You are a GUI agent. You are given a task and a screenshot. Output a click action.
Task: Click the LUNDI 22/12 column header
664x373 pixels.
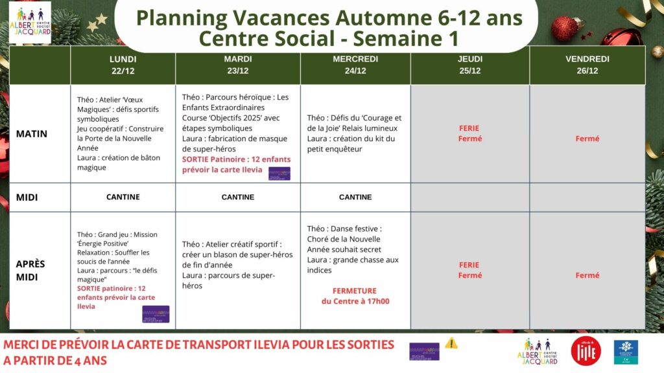[x=123, y=65]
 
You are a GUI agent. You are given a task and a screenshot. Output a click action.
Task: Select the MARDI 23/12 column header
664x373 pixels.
[x=238, y=65]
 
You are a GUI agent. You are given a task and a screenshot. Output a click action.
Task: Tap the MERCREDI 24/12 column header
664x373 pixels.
[x=355, y=65]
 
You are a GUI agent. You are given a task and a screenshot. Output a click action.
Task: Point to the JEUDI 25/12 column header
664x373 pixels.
[x=470, y=65]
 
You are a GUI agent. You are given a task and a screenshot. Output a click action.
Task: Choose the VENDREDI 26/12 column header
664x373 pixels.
[x=587, y=65]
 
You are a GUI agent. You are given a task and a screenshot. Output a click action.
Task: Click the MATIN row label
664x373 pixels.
[x=32, y=134]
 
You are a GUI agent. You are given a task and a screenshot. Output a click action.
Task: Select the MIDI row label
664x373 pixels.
[x=27, y=197]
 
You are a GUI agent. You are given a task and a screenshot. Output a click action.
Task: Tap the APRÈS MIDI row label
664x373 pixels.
[x=30, y=269]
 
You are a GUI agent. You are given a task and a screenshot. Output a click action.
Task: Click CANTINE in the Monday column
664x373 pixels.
[x=123, y=197]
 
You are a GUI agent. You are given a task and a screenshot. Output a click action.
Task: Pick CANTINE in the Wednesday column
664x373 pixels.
[x=355, y=197]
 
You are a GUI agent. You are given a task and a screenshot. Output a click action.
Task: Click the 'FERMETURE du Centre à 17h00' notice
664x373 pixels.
[x=355, y=296]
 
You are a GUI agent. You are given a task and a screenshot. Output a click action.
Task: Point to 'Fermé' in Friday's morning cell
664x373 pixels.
[x=587, y=139]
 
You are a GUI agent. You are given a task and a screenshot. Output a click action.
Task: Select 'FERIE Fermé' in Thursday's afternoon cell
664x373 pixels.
[x=469, y=270]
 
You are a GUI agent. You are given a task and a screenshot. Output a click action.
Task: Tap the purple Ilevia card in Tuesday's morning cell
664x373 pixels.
[x=279, y=173]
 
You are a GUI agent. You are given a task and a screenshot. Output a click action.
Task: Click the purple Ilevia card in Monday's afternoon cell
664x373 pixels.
[x=156, y=313]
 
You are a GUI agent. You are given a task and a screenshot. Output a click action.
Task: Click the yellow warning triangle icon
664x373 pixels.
[x=451, y=343]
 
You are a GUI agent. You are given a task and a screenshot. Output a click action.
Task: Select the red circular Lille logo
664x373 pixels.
[x=586, y=350]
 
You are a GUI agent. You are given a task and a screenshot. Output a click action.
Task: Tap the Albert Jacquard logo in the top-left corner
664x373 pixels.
[x=30, y=23]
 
